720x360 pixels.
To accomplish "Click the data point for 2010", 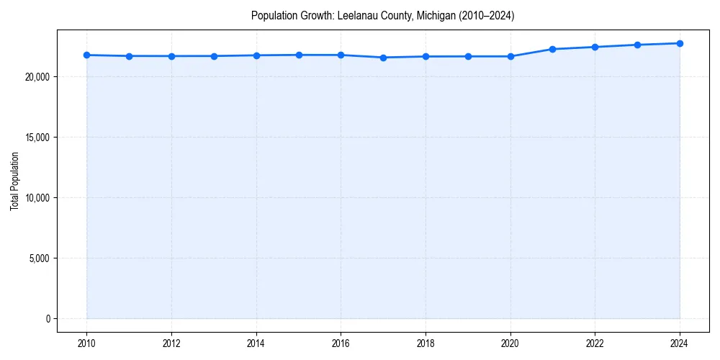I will tap(86, 55).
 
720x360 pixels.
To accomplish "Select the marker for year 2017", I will tap(383, 58).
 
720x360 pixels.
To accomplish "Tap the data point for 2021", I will tap(552, 49).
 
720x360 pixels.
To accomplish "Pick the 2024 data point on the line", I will tap(680, 43).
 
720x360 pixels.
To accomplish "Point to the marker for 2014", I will tap(256, 55).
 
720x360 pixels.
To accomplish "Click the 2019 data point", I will tap(468, 56).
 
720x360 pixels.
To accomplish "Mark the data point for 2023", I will tap(637, 45).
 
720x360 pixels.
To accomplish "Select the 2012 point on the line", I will tap(171, 56).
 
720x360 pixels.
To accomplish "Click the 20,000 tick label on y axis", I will tap(36, 77).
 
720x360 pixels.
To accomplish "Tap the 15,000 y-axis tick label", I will tap(36, 138).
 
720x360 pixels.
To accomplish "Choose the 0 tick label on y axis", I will tap(48, 319).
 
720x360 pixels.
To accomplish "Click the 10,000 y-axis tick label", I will tap(36, 198).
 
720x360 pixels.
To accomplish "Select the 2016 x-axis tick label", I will tap(341, 343).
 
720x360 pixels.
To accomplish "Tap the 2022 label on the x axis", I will tap(595, 343).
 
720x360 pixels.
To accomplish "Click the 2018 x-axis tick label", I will tap(426, 343).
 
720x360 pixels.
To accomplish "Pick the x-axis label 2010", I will tap(86, 343).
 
